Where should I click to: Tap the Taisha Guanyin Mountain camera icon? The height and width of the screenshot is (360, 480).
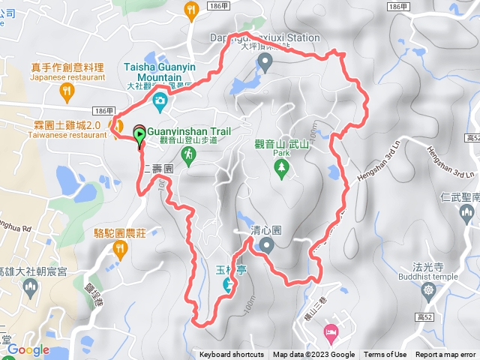click(159, 100)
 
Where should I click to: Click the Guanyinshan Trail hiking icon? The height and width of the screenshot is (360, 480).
click(187, 155)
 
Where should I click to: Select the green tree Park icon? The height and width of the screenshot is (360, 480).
click(282, 170)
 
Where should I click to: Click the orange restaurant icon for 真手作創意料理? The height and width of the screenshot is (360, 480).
click(67, 92)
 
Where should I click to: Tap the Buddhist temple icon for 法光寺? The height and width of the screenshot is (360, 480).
click(428, 289)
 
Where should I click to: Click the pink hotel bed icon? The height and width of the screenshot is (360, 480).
click(330, 331)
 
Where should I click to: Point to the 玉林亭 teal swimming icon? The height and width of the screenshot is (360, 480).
click(228, 284)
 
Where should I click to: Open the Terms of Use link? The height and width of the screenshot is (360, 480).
click(385, 355)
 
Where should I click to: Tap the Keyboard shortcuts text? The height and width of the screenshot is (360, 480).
click(232, 355)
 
